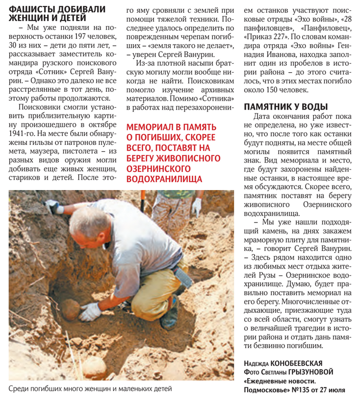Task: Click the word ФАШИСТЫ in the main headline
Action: pyautogui.click(x=33, y=9)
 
